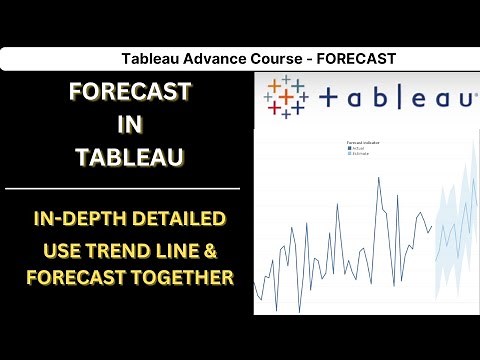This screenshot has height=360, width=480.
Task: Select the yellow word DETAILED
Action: [183, 218]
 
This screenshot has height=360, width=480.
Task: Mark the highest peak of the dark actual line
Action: [380, 180]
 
